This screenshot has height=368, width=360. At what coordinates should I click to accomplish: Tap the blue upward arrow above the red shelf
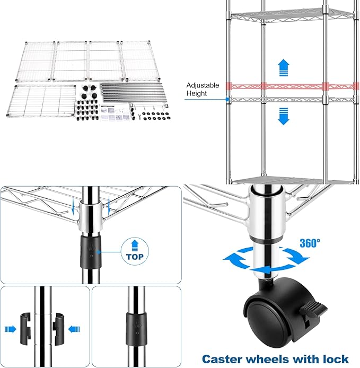(x=284, y=66)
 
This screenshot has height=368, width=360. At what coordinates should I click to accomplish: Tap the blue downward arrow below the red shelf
(x=284, y=116)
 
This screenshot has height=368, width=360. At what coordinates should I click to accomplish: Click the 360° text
(x=310, y=243)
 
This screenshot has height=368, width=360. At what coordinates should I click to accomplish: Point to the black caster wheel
(x=265, y=313)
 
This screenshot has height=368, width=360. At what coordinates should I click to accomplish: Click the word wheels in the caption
(x=277, y=359)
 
